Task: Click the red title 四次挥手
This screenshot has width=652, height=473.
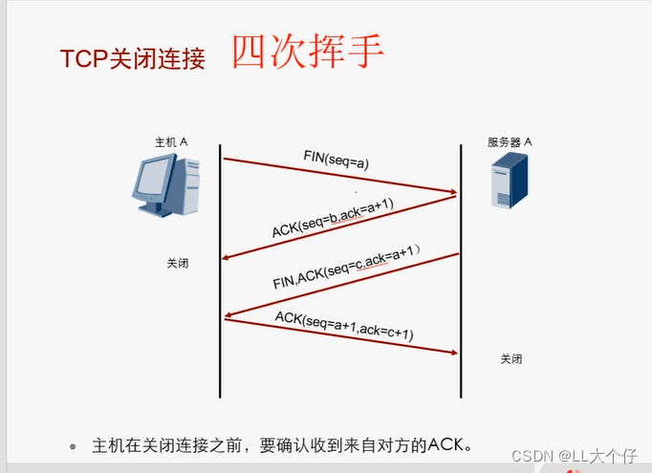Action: (x=307, y=53)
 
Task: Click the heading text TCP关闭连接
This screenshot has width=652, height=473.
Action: (x=132, y=59)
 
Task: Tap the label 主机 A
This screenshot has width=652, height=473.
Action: (x=171, y=141)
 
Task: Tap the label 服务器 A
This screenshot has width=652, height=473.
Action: (x=510, y=141)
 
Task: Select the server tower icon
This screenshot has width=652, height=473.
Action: (x=509, y=184)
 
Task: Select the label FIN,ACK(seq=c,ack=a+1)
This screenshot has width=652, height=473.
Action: (x=345, y=269)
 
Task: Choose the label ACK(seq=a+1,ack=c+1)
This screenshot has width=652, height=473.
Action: (x=344, y=326)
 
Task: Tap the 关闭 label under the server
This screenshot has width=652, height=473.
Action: (x=511, y=359)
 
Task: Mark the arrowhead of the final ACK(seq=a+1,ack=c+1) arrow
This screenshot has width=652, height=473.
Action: (x=453, y=353)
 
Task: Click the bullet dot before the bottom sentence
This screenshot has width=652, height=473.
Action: (x=72, y=446)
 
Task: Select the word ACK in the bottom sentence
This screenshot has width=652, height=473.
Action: (x=446, y=445)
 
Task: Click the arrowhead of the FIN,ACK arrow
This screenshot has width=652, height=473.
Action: (x=228, y=316)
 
